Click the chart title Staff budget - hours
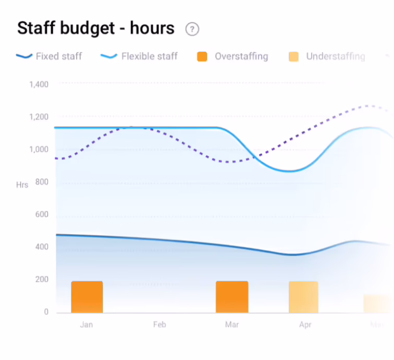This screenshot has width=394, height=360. click(x=96, y=28)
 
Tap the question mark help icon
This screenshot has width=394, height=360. click(x=192, y=29)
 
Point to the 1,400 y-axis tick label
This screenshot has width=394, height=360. click(x=39, y=85)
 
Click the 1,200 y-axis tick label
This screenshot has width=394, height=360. click(x=39, y=117)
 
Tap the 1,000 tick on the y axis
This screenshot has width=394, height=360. click(x=39, y=150)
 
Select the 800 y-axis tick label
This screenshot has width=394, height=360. click(x=42, y=182)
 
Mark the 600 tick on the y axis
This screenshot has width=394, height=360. click(x=42, y=214)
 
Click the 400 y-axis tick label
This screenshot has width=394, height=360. click(x=42, y=247)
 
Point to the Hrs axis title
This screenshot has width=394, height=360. click(x=22, y=185)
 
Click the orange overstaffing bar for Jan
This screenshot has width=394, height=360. click(x=87, y=297)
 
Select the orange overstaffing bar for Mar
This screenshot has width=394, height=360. click(x=232, y=297)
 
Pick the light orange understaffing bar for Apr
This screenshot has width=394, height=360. click(x=303, y=297)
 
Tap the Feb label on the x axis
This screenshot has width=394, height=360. click(x=159, y=325)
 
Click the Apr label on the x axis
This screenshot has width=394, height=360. click(x=305, y=325)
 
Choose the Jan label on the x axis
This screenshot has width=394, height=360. click(x=87, y=325)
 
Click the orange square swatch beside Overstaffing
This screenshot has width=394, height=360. click(x=202, y=56)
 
